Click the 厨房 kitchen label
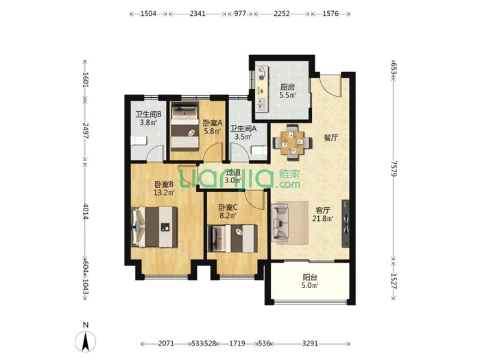click(x=287, y=87)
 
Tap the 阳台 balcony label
click(x=310, y=278)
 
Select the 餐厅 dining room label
click(x=331, y=138)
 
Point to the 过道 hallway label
click(x=233, y=173)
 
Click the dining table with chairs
click(x=293, y=143)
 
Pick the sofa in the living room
click(x=280, y=222)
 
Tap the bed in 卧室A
click(x=184, y=126)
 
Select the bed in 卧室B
click(x=154, y=227)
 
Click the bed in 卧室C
click(x=232, y=239)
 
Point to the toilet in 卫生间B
click(x=139, y=141)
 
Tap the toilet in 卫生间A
click(x=259, y=151)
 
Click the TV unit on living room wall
click(x=346, y=224)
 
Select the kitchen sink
click(x=261, y=104)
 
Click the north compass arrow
click(x=86, y=341)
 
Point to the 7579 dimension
click(x=394, y=169)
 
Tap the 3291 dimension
click(x=310, y=344)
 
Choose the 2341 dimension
click(x=197, y=14)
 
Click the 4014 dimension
click(x=86, y=211)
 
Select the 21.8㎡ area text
click(x=323, y=219)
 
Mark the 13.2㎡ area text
click(x=164, y=193)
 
